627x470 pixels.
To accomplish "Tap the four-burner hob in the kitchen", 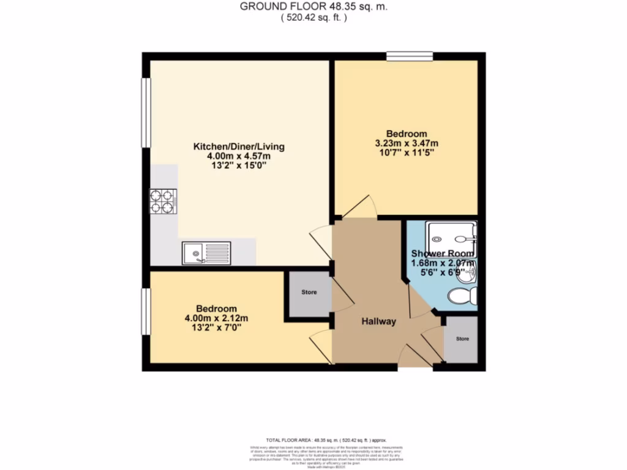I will [163, 201].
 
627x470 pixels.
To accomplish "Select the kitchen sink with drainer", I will [206, 253].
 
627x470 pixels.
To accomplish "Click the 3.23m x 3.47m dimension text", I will [407, 144].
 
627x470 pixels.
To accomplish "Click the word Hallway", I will [378, 322].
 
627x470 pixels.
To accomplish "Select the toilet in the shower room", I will [463, 296].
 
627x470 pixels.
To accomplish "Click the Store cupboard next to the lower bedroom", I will [309, 293].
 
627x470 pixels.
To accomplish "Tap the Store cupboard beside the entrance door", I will [462, 338].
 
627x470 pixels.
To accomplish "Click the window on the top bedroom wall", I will [409, 57].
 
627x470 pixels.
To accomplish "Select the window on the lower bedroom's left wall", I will [146, 311].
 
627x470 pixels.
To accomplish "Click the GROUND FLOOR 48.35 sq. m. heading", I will [313, 7].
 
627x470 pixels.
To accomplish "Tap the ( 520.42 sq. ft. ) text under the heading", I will [313, 18].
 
